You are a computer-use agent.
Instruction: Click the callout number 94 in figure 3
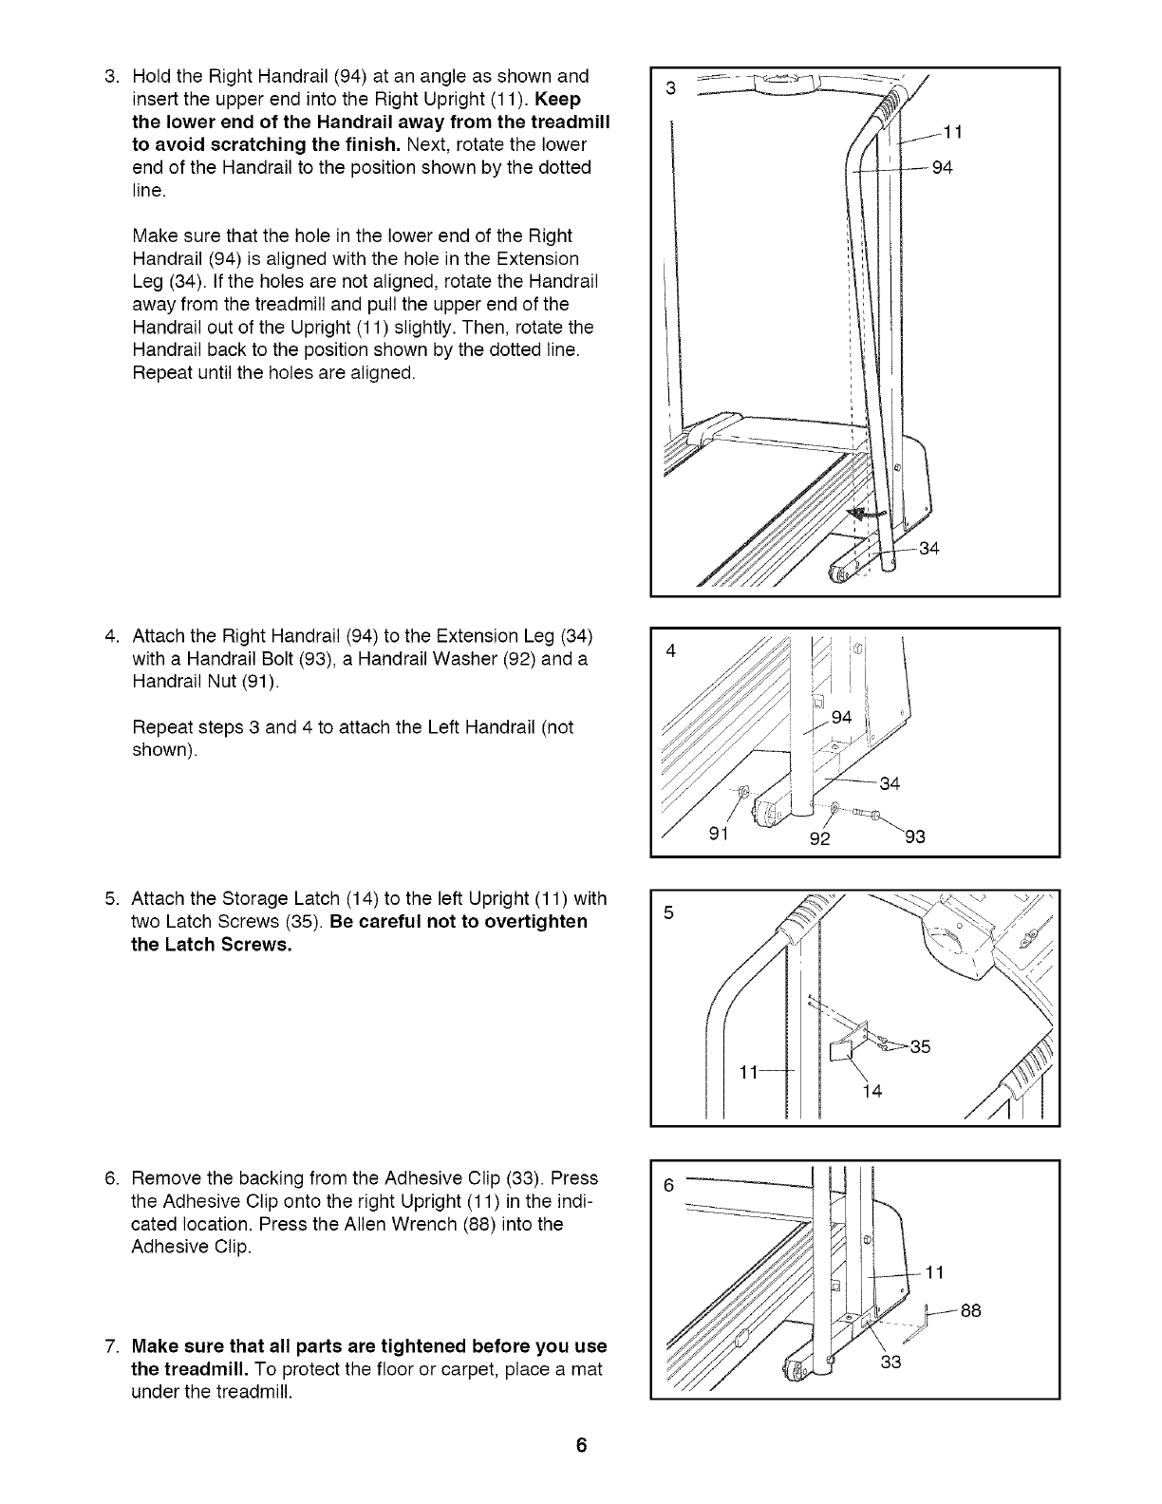[941, 169]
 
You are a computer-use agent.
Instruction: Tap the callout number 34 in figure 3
[929, 550]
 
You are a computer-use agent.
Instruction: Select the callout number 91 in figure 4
[721, 837]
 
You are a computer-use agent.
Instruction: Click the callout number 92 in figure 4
[819, 838]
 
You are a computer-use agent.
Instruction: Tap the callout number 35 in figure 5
[920, 1047]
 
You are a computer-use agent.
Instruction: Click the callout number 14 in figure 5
[872, 1091]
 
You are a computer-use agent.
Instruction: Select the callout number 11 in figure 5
[749, 1072]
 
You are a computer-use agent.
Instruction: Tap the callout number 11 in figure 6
[934, 1273]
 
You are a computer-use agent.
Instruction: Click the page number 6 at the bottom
[581, 1446]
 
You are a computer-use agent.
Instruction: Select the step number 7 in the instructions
[111, 1347]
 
